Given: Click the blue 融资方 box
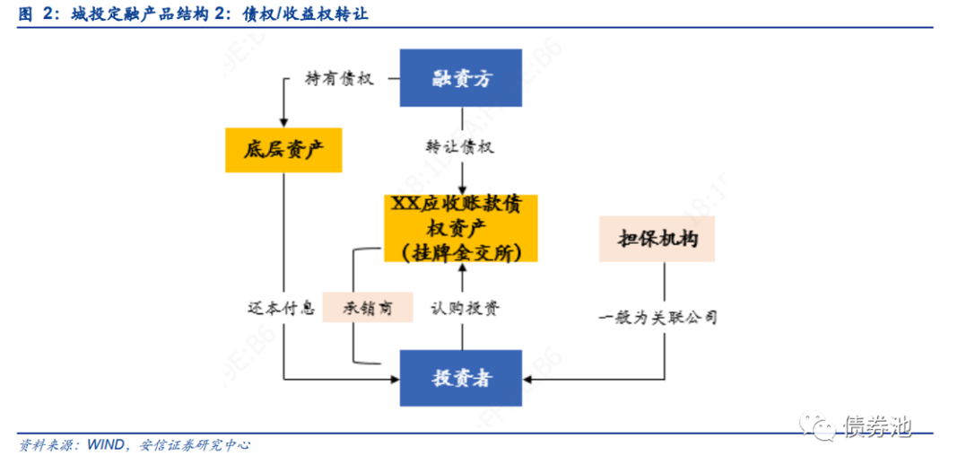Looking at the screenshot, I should (x=461, y=78).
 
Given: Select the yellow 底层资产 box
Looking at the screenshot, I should (x=283, y=150).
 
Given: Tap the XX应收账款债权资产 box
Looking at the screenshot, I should (x=461, y=228).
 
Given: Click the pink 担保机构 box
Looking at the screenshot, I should (x=657, y=239).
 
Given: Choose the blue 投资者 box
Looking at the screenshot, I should (x=461, y=379).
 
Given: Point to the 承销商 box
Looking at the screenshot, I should (x=368, y=307).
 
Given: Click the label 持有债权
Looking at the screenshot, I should (x=340, y=79).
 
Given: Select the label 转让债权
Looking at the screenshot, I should (x=460, y=147).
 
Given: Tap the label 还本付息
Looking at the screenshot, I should (x=281, y=307).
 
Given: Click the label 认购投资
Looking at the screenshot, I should (x=465, y=308).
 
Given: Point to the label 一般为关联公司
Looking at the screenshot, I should (x=658, y=317).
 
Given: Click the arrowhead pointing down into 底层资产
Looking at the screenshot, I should (x=283, y=122).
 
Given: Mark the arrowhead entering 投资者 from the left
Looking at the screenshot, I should (x=395, y=379).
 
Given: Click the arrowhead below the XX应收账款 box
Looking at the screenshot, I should (x=462, y=267).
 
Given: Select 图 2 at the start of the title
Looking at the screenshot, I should (x=34, y=15).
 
